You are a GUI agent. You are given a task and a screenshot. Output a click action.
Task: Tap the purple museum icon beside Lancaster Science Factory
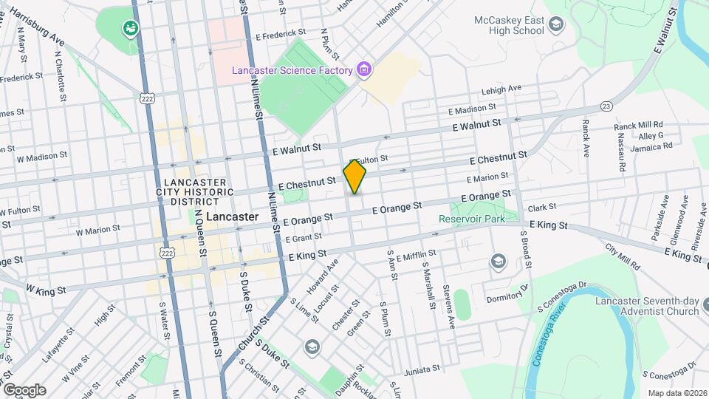point(363,70)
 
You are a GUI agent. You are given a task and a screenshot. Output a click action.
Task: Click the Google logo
point(24,389)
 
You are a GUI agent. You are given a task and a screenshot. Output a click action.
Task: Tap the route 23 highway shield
point(606,106)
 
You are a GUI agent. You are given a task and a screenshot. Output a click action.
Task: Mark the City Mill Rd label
point(623,256)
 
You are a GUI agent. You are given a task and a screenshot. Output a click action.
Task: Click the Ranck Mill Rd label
point(638,126)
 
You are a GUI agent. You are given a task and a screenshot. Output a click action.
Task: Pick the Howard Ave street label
point(323,273)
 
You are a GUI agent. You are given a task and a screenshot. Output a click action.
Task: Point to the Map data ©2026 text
point(677,393)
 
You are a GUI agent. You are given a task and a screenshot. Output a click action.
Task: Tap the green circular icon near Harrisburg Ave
point(131,28)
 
